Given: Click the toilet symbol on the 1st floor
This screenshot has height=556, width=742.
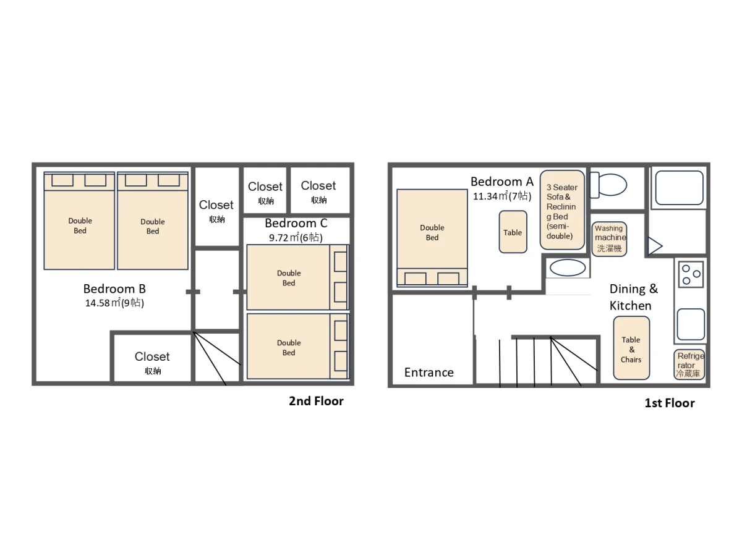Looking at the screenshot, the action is [608, 185].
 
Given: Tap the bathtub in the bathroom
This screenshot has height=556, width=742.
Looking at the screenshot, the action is [680, 188].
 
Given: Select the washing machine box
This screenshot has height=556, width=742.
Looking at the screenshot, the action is [610, 238].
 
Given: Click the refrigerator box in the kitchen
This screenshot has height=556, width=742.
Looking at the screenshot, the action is [689, 364].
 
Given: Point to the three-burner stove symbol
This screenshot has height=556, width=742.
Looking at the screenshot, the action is [691, 274].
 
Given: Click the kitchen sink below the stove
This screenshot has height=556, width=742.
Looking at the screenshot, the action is [691, 324].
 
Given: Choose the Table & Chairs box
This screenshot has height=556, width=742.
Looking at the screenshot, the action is [631, 348].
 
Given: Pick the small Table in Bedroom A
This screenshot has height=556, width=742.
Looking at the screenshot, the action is [513, 232].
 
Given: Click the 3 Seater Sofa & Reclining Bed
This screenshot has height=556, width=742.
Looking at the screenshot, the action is [562, 210].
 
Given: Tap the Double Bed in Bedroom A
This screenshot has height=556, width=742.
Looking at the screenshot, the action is [432, 238].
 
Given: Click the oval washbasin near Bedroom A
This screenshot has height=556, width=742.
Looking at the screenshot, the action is [568, 268].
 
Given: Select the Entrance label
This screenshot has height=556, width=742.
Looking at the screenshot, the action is [429, 373].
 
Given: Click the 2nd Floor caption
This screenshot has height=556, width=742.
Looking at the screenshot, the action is [316, 401].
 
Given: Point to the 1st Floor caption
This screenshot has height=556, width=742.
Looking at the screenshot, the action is [670, 403].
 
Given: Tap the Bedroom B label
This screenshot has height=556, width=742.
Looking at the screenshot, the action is [114, 289].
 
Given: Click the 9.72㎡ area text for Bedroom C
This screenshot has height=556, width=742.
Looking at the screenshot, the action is [296, 237].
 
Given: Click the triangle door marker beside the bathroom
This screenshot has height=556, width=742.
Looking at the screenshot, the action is [654, 246].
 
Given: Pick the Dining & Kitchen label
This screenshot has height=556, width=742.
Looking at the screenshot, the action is [634, 297].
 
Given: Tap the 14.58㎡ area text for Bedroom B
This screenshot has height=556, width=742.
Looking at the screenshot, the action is [114, 303].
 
